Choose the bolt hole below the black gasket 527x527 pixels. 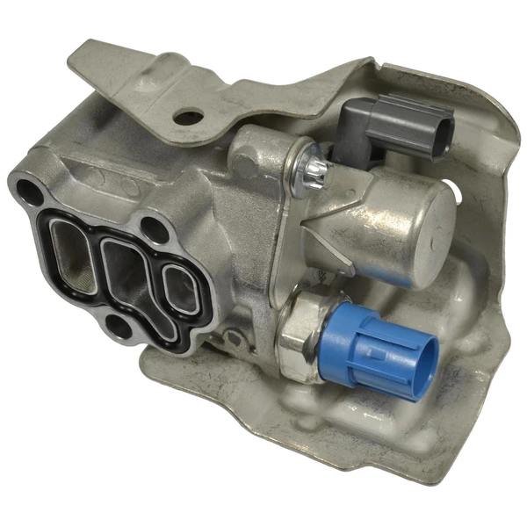[115, 328]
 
